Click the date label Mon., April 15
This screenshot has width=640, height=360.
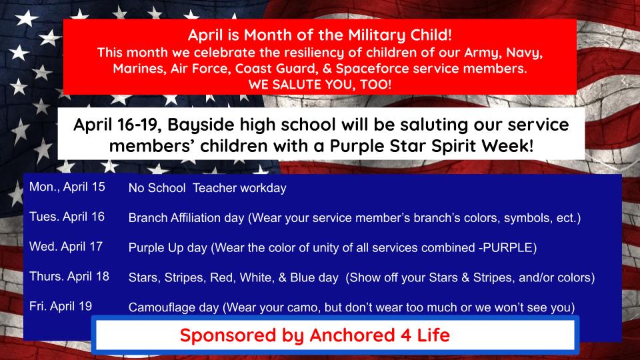coord(67,187)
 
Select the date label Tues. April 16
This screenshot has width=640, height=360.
coord(67,217)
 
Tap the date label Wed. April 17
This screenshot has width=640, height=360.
coord(66,247)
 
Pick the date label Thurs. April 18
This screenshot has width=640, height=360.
coord(69,276)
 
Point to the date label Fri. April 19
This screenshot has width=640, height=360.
coord(61,306)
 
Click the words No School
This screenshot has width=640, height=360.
coord(157,188)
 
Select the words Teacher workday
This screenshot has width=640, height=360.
coord(239,188)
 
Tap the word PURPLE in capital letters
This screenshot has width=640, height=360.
coord(508,247)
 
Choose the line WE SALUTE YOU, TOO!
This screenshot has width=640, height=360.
coord(320,85)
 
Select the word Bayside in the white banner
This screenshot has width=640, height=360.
coord(201,125)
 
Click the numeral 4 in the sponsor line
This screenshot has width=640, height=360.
coord(405,335)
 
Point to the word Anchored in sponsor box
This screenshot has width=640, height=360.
coord(352,335)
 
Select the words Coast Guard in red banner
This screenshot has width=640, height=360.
coord(275,68)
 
